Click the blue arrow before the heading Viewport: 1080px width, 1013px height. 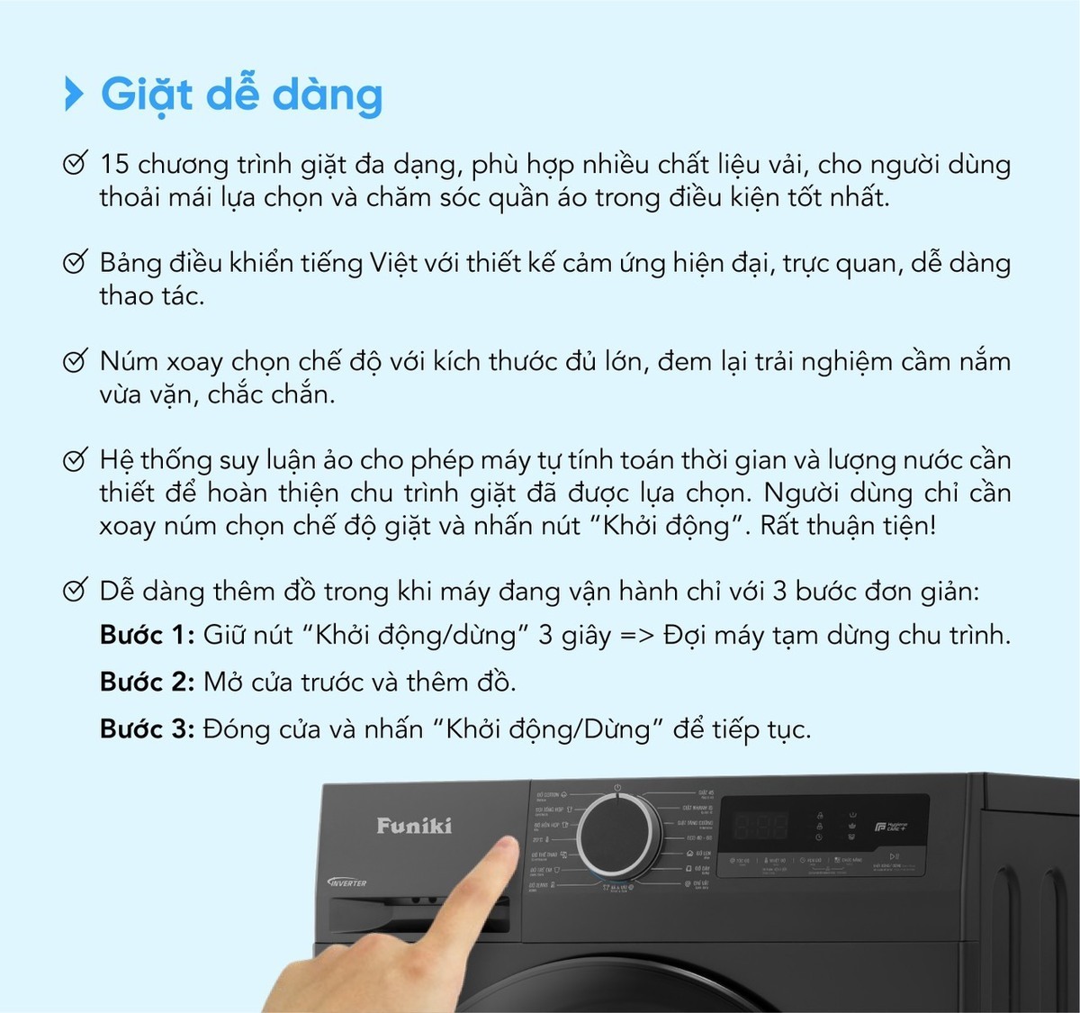pos(74,94)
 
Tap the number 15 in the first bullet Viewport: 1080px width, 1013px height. pos(114,164)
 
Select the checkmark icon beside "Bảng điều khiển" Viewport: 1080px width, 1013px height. pos(75,263)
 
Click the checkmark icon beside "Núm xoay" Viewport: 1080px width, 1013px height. pos(75,361)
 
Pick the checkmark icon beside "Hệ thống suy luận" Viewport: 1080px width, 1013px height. pos(75,460)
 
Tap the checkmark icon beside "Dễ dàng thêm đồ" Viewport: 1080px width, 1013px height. pos(75,592)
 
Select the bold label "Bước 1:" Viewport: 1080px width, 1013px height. pos(147,635)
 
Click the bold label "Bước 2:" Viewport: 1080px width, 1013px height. pos(147,682)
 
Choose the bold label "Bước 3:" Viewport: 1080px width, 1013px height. pos(147,728)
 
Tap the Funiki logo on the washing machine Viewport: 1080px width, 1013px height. pos(414,826)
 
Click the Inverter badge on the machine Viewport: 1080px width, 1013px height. pos(347,882)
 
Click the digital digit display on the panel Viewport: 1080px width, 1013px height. pos(760,824)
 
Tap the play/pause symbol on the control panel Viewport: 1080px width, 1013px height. pos(894,856)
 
